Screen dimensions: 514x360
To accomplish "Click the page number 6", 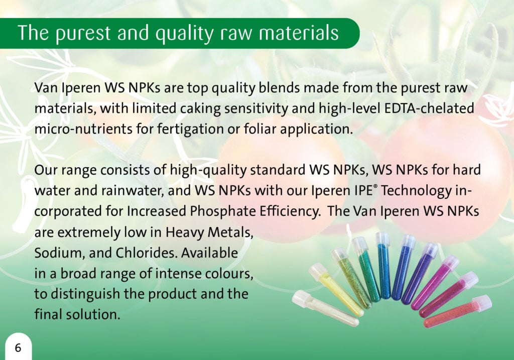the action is tap(18, 347).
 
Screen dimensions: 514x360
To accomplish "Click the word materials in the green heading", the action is tap(299, 33).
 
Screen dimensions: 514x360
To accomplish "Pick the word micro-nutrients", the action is tap(83, 129).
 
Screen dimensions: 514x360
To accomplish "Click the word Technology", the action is tap(416, 191).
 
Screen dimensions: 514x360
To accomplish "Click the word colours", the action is tap(229, 274).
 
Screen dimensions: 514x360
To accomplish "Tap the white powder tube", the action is tap(325, 308).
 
